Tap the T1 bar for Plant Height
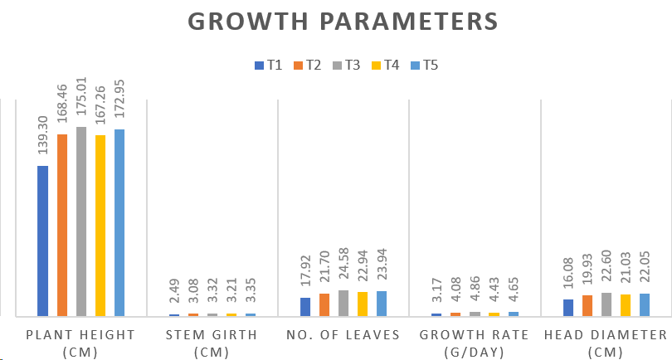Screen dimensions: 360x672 pos(42,241)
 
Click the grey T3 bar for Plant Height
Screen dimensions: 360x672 pos(81,221)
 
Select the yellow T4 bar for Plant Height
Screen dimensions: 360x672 pos(100,226)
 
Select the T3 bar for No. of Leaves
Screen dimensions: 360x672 pos(343,303)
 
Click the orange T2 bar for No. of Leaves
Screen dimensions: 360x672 pos(324,304)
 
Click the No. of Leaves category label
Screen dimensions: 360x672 pos(343,335)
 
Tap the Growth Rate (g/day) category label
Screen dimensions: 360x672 pos(475,343)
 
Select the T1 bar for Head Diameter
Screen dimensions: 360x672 pos(568,308)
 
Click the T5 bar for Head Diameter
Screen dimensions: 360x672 pos(645,304)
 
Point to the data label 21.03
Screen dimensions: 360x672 pos(626,271)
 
